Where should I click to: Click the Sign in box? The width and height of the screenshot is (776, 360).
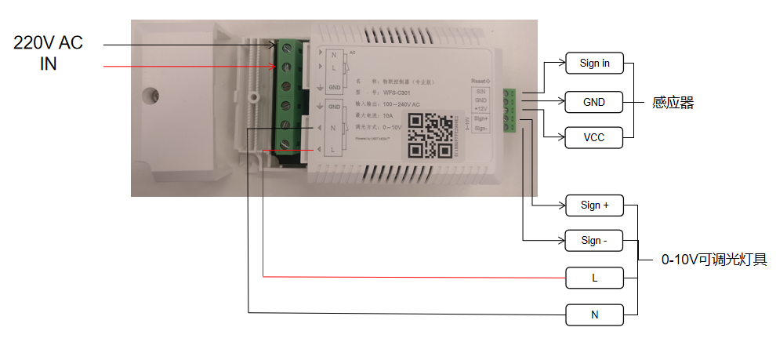tap(594, 64)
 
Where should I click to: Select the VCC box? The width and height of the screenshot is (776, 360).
tap(594, 138)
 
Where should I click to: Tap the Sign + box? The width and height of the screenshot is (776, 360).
tap(594, 206)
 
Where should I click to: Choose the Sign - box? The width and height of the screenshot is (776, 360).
tap(594, 241)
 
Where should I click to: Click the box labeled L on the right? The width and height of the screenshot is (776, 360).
tap(594, 278)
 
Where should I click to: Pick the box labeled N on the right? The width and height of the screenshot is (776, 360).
tap(594, 315)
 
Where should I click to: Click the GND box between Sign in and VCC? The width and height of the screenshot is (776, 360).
tap(594, 102)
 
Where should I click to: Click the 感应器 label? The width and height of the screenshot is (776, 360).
tap(673, 103)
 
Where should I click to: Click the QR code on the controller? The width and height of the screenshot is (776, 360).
tap(430, 134)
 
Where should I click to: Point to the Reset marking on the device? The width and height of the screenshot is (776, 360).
tap(480, 81)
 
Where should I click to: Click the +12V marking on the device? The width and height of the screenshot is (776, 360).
tap(482, 109)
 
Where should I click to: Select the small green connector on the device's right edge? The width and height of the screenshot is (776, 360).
tap(510, 111)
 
